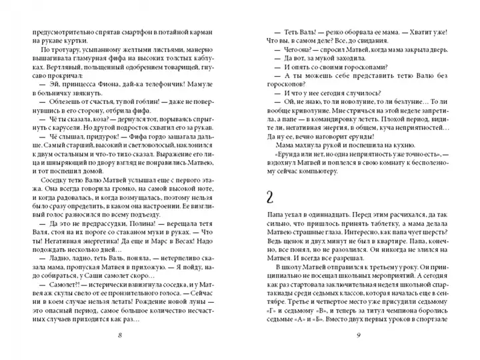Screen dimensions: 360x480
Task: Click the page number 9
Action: point(359,335)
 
